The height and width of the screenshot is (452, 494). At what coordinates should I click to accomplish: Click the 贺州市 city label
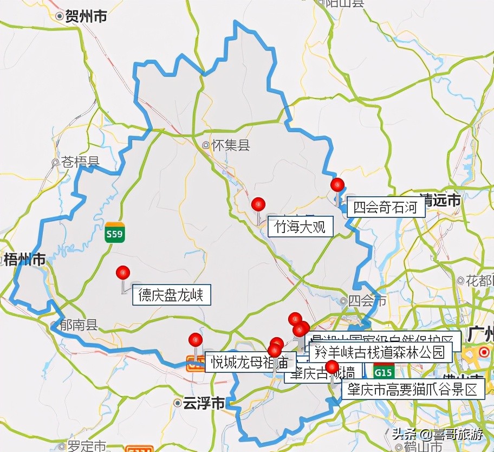[x=85, y=17]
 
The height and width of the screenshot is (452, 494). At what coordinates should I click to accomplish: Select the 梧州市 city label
[x=24, y=260]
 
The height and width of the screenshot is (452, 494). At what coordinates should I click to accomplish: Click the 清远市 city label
[x=440, y=201]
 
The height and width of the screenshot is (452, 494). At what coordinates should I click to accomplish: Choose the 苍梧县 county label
[x=80, y=162]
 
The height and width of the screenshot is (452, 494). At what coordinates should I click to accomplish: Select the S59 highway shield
[x=115, y=231]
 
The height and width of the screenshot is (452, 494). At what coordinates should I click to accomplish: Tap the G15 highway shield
[x=383, y=373]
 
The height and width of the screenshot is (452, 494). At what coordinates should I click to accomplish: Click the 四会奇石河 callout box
[x=386, y=208]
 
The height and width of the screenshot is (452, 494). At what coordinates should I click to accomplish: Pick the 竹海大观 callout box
[x=300, y=227]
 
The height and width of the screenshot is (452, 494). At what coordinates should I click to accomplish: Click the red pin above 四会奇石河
[x=337, y=184]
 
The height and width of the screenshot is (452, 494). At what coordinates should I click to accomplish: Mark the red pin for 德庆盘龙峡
[x=123, y=272]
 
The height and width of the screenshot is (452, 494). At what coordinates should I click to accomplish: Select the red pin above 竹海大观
[x=258, y=204]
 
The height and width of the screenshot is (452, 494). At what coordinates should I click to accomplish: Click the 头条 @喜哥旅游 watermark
[x=437, y=434]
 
